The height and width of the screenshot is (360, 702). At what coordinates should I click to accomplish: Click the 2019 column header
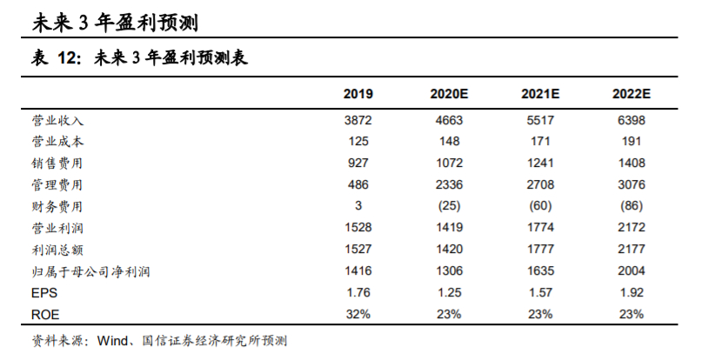(358, 94)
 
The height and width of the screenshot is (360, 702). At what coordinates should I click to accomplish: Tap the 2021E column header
(539, 94)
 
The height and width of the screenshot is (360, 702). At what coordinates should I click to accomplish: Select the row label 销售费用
(57, 163)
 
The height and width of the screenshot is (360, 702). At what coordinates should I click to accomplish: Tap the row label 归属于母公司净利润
(90, 272)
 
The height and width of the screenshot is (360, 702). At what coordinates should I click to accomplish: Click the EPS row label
(43, 294)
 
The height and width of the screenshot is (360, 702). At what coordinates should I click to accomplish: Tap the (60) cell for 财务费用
(539, 206)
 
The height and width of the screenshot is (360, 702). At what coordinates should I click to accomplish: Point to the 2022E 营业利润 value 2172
(632, 229)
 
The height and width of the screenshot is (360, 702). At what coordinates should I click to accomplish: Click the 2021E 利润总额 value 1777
(539, 250)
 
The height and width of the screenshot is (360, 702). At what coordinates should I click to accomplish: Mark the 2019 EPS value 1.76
(358, 294)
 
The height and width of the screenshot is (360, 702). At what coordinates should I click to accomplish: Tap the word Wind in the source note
(113, 340)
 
